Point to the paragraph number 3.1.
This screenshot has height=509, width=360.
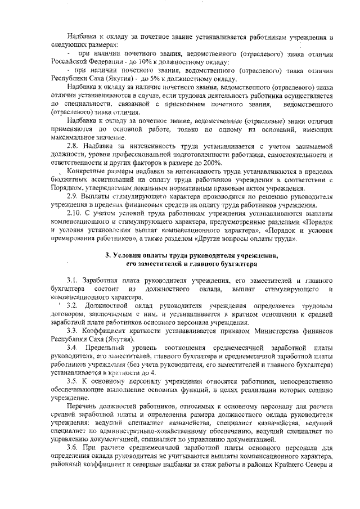(72, 280)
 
